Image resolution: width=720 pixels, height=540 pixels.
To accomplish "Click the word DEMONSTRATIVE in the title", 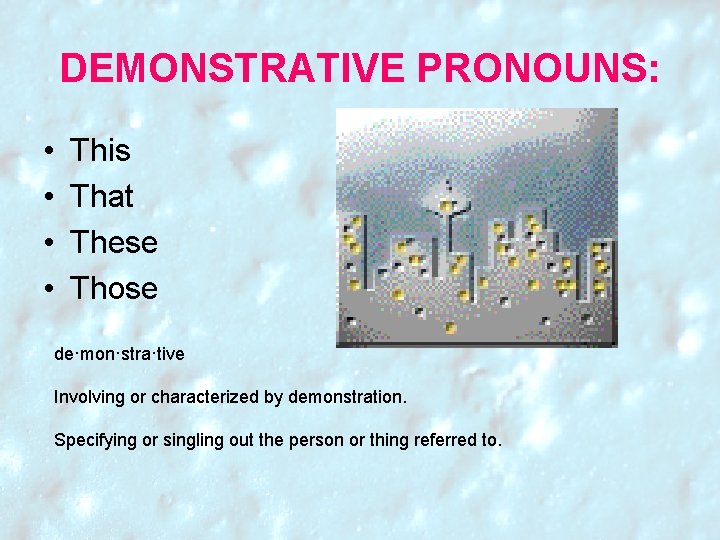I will pyautogui.click(x=233, y=68).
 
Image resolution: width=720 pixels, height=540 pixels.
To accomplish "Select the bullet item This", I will pyautogui.click(x=100, y=151).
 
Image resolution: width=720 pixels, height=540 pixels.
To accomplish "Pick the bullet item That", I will pyautogui.click(x=102, y=197).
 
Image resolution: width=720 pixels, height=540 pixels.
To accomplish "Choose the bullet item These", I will pyautogui.click(x=114, y=243).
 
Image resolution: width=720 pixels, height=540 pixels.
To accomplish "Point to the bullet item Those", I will pyautogui.click(x=114, y=289).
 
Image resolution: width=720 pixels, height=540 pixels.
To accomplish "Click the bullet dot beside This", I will pyautogui.click(x=49, y=152).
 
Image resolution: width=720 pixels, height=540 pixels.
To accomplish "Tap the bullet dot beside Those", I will pyautogui.click(x=49, y=290).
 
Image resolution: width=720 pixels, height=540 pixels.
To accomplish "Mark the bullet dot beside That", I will pyautogui.click(x=49, y=198).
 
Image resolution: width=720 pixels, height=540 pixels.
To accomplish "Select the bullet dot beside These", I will pyautogui.click(x=49, y=244).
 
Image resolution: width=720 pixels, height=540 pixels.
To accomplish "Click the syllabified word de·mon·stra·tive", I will pyautogui.click(x=119, y=354).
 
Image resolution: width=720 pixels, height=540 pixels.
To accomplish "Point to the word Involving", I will pyautogui.click(x=89, y=397).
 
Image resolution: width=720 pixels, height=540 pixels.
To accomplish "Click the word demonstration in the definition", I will pyautogui.click(x=346, y=397).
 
